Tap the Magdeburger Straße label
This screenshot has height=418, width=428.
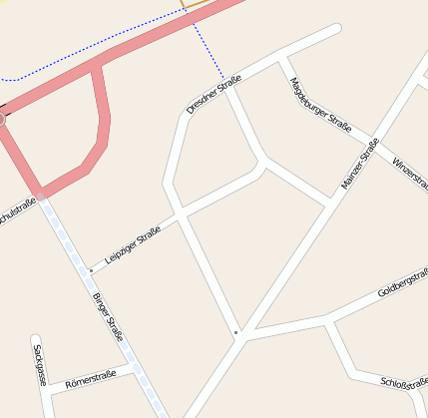tap(319, 105)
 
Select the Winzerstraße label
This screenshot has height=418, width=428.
tap(410, 172)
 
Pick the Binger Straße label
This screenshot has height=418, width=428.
tap(107, 316)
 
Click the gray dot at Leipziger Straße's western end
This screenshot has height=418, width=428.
tap(91, 269)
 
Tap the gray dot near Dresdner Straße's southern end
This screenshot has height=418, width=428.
tap(235, 331)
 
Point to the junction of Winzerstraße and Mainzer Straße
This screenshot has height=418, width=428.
tap(377, 139)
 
